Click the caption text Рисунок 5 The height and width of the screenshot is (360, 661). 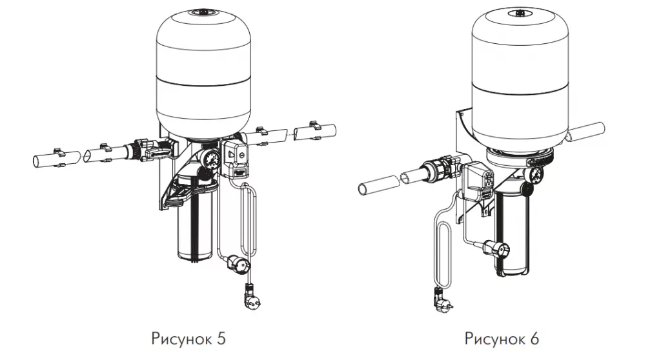point(188,339)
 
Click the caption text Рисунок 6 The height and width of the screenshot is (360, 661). point(502,339)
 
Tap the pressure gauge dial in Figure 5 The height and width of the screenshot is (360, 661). point(210,159)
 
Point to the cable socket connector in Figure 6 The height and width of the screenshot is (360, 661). point(496,250)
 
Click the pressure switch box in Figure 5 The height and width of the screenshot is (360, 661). point(234,158)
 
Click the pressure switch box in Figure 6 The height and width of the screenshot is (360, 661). point(478,183)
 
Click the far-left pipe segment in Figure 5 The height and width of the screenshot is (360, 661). point(57,159)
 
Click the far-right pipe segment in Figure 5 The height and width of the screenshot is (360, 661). point(315,132)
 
